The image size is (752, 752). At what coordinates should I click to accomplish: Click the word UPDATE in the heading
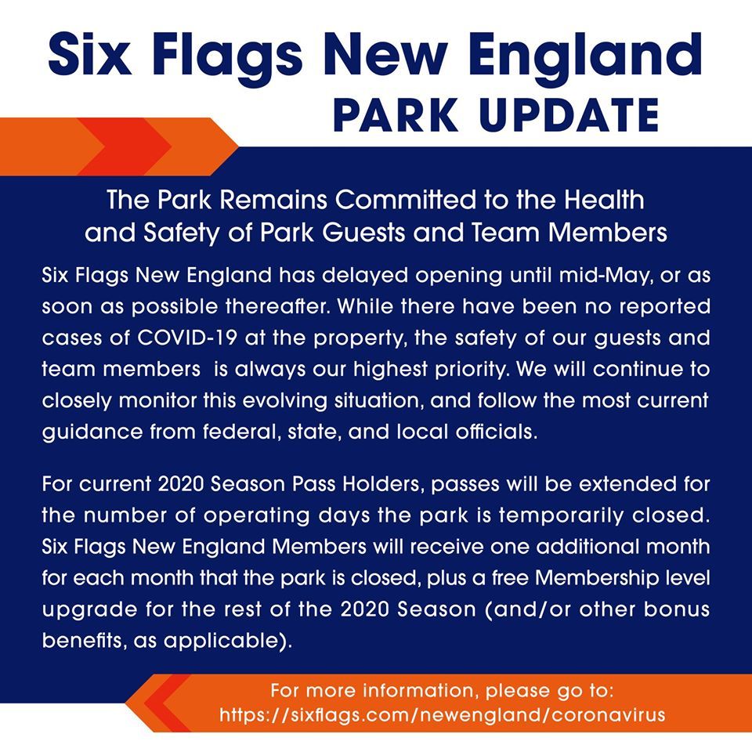coord(569,116)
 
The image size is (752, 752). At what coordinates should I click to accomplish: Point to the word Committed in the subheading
coord(406,200)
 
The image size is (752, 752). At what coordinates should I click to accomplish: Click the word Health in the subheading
coord(604,200)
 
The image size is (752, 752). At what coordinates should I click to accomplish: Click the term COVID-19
coord(187,338)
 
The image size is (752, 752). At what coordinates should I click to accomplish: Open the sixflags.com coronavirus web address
coord(442,715)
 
